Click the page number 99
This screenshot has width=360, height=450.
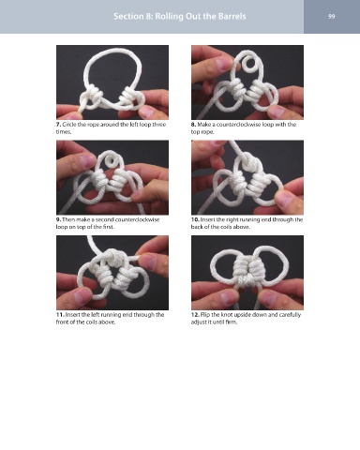click(332, 16)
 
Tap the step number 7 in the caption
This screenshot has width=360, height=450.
click(58, 125)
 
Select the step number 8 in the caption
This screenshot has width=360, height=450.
click(193, 125)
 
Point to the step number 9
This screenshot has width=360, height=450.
click(58, 219)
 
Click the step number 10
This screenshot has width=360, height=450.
click(195, 219)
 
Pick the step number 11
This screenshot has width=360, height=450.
click(60, 315)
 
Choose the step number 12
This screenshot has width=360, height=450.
click(195, 315)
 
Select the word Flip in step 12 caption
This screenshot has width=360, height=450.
click(204, 315)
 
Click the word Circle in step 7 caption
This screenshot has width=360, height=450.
click(68, 125)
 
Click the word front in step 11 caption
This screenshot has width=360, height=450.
click(62, 322)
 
